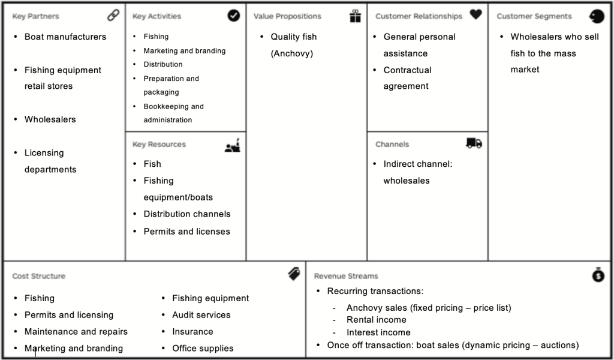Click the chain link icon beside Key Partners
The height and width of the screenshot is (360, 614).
click(x=113, y=15)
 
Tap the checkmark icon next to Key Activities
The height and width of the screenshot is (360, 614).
click(x=234, y=15)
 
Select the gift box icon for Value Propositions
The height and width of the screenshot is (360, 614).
click(x=355, y=16)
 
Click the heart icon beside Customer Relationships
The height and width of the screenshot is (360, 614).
click(x=475, y=14)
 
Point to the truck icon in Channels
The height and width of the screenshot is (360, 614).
click(x=474, y=143)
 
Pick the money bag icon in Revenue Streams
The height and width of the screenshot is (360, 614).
click(x=598, y=274)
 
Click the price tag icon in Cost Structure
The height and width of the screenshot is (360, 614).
click(x=294, y=274)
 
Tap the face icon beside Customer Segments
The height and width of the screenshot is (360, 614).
click(x=597, y=16)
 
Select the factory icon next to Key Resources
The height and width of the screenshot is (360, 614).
click(x=233, y=145)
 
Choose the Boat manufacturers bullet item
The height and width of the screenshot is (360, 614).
click(x=65, y=37)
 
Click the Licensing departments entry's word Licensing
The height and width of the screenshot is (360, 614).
click(x=44, y=153)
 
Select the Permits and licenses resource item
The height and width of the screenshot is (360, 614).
click(x=187, y=232)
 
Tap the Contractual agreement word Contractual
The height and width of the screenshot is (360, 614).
click(x=407, y=70)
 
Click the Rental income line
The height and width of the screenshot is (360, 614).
click(x=377, y=320)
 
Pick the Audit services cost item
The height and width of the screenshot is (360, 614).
click(x=201, y=315)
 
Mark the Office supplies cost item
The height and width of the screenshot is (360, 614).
click(x=203, y=348)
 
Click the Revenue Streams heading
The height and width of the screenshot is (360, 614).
click(x=346, y=276)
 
